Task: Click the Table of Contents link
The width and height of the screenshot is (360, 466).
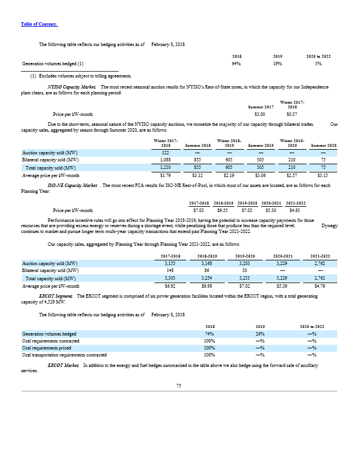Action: (x=39, y=24)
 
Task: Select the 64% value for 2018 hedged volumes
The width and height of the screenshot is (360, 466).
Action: (x=237, y=62)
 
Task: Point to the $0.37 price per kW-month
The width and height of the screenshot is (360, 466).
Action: (x=292, y=114)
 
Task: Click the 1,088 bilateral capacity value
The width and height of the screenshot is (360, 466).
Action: (x=165, y=158)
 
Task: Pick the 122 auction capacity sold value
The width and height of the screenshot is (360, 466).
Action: (x=165, y=153)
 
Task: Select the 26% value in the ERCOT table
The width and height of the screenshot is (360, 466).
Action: (x=260, y=334)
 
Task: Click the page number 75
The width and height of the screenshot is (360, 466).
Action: (x=179, y=385)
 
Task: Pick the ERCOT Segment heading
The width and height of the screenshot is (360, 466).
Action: (x=60, y=296)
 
